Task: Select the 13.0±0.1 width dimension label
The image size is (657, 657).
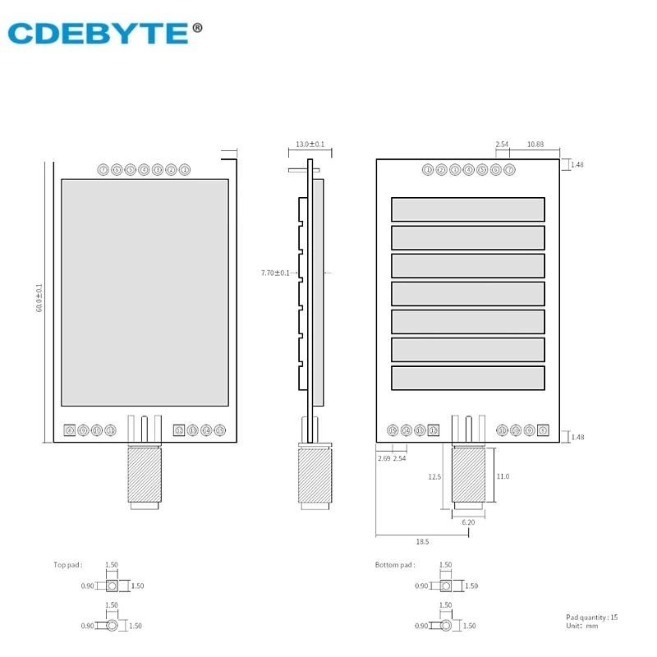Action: click(310, 145)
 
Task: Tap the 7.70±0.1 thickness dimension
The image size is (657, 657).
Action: click(274, 272)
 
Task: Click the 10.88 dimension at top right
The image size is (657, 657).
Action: click(535, 145)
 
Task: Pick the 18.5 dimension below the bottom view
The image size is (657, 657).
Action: click(422, 542)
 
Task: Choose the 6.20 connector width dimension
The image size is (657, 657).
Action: click(468, 522)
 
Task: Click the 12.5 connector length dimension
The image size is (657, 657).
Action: click(435, 476)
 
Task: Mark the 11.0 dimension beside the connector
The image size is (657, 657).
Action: click(502, 476)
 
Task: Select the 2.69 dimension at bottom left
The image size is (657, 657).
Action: click(384, 458)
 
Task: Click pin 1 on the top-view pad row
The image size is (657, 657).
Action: click(185, 170)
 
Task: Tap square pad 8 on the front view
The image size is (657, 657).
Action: click(70, 430)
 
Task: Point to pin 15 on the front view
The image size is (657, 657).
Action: click(219, 430)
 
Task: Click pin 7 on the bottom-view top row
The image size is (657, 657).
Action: click(509, 170)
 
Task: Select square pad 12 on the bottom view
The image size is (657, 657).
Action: click(434, 430)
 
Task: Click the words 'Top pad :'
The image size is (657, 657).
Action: click(70, 565)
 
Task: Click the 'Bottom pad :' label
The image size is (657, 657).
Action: click(394, 565)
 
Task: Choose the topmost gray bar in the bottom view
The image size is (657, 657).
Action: click(467, 209)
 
